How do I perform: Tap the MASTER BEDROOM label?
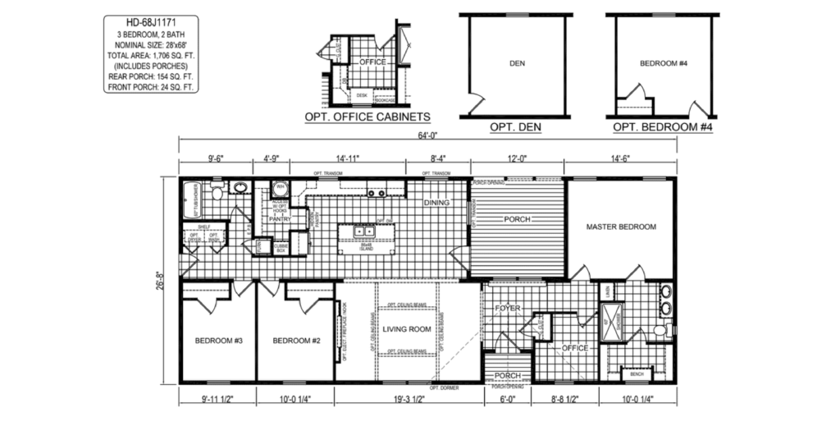(621, 227)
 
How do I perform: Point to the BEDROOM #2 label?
(294, 341)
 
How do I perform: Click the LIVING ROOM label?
(407, 330)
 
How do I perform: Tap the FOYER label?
(509, 309)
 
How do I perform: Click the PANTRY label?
(281, 220)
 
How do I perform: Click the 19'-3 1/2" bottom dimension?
(407, 400)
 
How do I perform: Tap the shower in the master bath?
(611, 317)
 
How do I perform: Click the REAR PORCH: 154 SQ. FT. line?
(152, 76)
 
